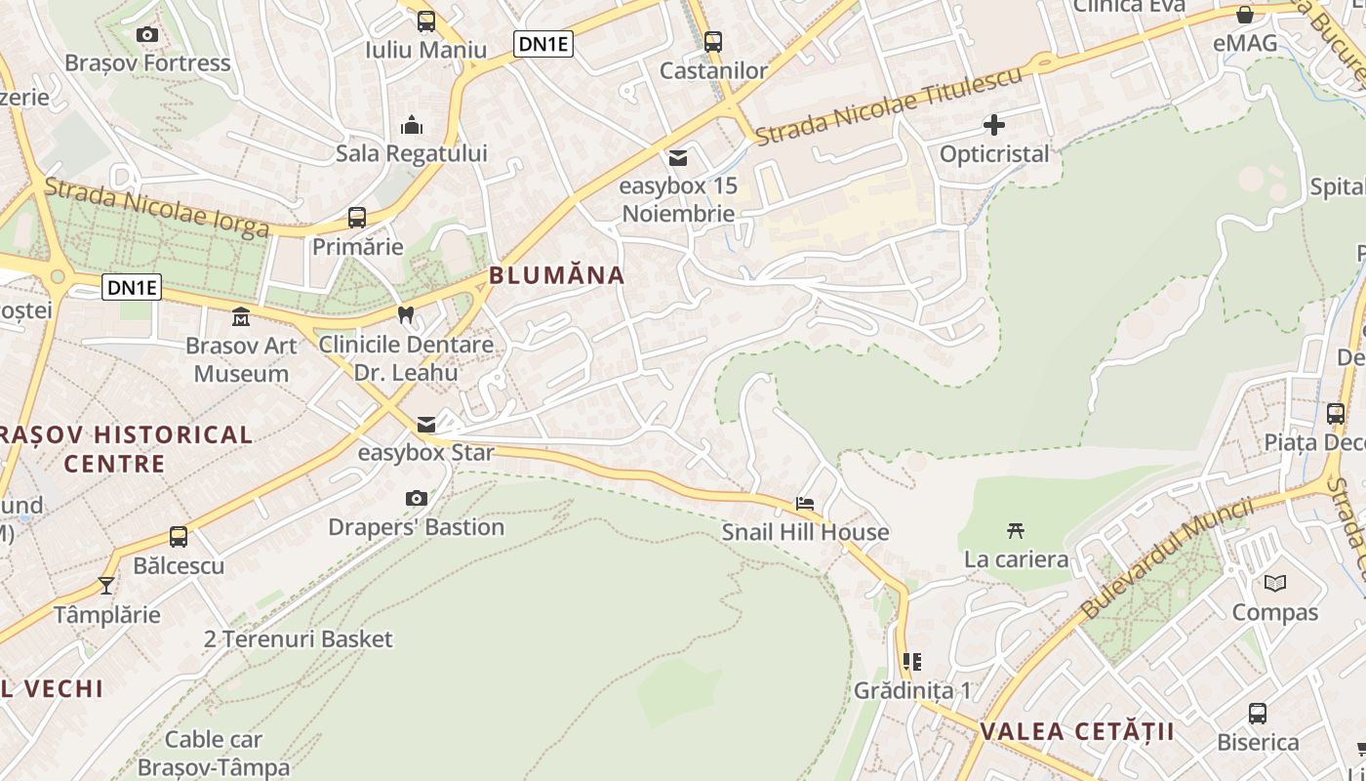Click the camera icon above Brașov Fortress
[147, 35]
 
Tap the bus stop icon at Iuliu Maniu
[426, 21]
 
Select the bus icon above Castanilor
[713, 42]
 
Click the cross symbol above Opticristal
[994, 125]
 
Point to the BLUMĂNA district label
[556, 275]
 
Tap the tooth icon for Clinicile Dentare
[406, 315]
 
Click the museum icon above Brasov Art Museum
[240, 317]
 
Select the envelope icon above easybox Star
[426, 425]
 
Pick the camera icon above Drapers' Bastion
[417, 499]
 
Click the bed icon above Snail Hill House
[805, 504]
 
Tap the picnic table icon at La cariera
[1016, 530]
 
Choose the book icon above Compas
[1274, 584]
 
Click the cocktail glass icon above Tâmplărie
[106, 586]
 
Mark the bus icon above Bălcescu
[179, 536]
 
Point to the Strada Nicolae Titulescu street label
[889, 104]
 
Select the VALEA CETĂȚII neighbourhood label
[1077, 731]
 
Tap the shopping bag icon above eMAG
[1245, 15]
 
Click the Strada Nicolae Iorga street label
[156, 208]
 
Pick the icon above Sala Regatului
[412, 125]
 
